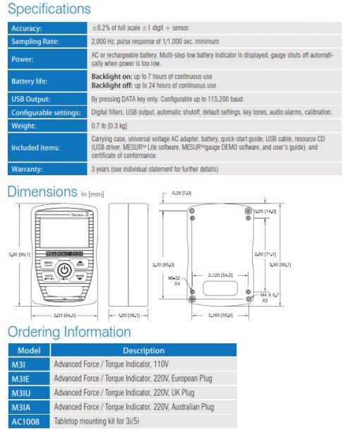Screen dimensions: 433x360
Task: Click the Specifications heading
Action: (49, 9)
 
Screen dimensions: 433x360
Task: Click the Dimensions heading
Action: (42, 191)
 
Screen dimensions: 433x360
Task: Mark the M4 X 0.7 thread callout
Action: (269, 295)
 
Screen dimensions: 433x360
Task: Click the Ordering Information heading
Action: (69, 332)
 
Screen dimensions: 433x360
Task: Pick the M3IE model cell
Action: (20, 379)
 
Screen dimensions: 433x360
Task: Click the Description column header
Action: (143, 350)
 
